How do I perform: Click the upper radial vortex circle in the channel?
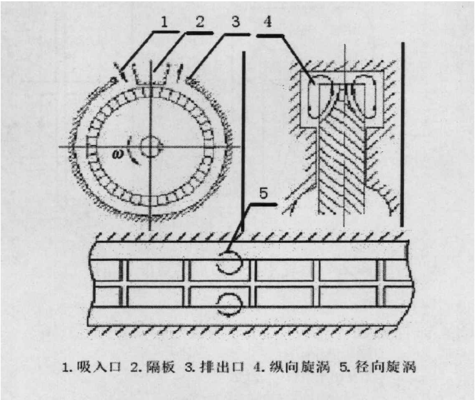click(230, 261)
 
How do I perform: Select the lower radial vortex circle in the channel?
click(230, 302)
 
